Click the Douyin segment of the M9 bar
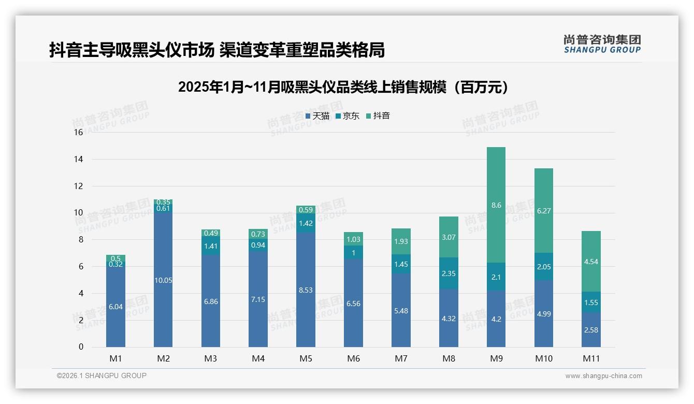(496, 205)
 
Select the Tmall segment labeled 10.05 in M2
(163, 280)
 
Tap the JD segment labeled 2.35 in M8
(449, 273)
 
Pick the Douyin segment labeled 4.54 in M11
(591, 262)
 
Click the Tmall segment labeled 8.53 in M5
(306, 290)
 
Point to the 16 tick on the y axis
(78, 133)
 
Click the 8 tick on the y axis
(80, 240)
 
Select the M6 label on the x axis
(353, 358)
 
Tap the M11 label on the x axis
(591, 358)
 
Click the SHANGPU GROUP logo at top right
(602, 44)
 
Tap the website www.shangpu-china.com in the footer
(603, 376)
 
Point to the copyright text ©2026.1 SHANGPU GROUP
(102, 376)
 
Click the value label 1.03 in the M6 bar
(353, 239)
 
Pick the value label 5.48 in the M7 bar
(401, 310)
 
